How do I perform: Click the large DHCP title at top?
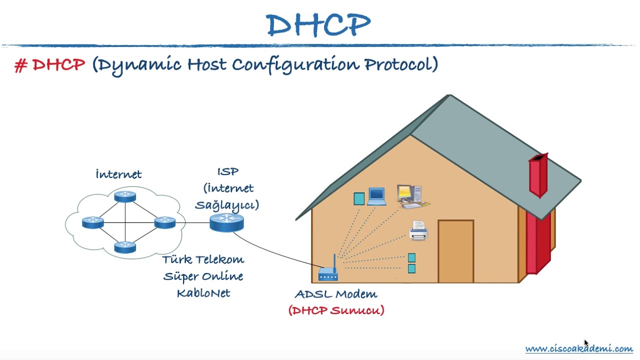click(318, 25)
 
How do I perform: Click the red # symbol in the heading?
click(20, 65)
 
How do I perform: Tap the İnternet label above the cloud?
click(118, 174)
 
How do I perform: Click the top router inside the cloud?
click(125, 196)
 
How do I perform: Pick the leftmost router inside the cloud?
click(93, 222)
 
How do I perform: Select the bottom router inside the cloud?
click(125, 247)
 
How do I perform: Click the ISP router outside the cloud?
click(226, 222)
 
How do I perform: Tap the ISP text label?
click(227, 171)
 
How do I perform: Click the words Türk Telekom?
click(203, 259)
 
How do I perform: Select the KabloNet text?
click(203, 293)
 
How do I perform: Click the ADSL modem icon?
click(328, 271)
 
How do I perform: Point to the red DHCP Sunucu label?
click(336, 310)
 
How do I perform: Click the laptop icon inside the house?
click(376, 196)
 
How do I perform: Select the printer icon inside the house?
click(418, 230)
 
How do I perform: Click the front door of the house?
click(455, 251)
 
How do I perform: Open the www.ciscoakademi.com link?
click(578, 348)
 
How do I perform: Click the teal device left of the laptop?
click(359, 199)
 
